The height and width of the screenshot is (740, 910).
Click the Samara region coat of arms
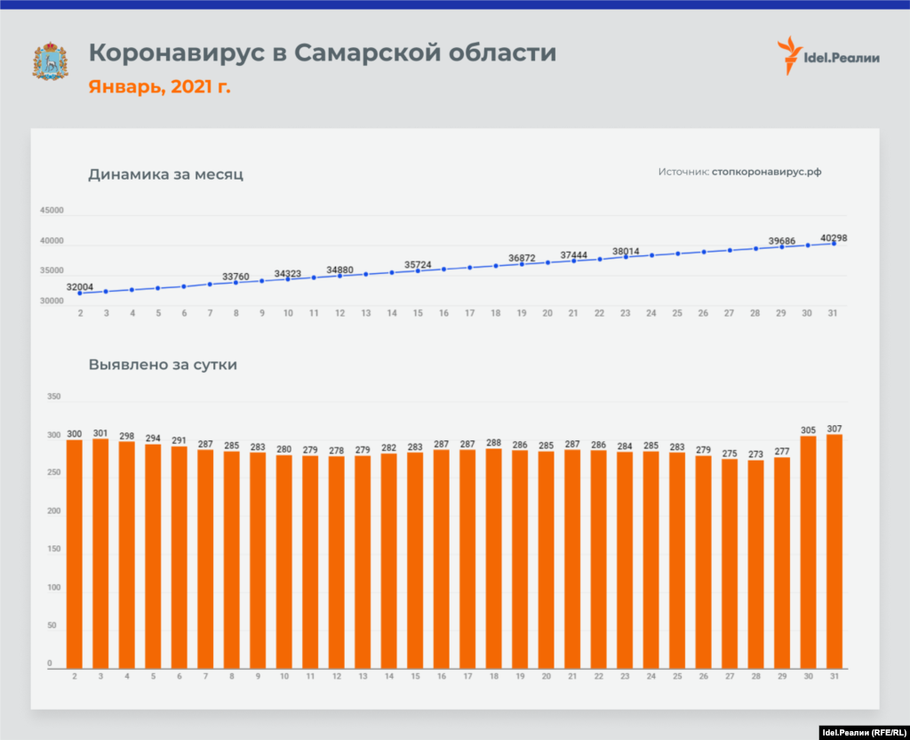point(50,60)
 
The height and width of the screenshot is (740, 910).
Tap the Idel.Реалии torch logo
point(786,56)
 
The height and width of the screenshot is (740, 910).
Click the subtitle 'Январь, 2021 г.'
point(159,87)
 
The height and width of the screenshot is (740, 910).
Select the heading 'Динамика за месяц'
point(165,174)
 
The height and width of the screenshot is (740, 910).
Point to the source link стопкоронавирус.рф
point(766,172)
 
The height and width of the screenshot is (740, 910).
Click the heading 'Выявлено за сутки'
point(163,364)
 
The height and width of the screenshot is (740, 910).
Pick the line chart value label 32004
point(80,286)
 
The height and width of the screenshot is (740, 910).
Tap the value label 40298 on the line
point(834,237)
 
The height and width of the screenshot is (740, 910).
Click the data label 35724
point(418,265)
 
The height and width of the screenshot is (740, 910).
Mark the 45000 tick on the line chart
point(52,211)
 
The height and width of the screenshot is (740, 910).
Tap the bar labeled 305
point(808,551)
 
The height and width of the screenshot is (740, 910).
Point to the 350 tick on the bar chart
point(54,396)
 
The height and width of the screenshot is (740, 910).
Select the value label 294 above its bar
point(153,438)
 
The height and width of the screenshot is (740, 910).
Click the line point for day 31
point(834,243)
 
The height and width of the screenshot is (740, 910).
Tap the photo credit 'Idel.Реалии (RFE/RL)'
point(858,732)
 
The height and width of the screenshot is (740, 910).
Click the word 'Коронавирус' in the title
point(177,53)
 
